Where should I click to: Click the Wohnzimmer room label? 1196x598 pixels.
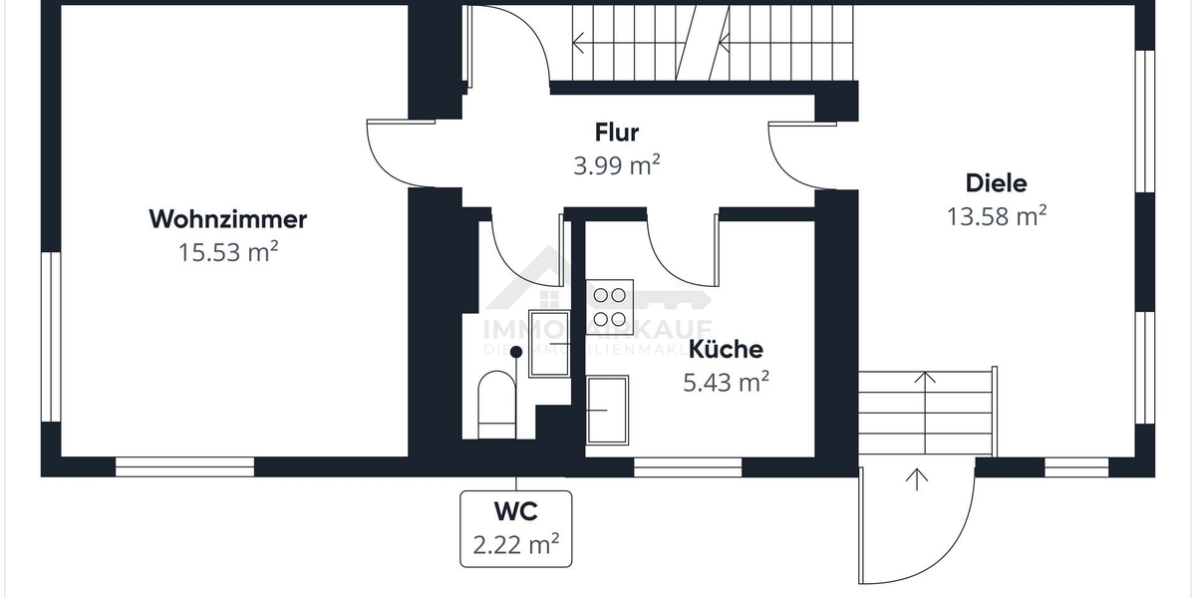click(x=227, y=218)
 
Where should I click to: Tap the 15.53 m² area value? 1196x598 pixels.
click(x=227, y=252)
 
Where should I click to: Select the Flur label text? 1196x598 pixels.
click(x=616, y=132)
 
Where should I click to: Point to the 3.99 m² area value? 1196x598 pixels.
click(x=616, y=165)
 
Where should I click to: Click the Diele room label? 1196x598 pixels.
click(x=996, y=183)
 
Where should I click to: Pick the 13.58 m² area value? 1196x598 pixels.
click(x=996, y=216)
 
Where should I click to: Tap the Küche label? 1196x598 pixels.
click(x=726, y=350)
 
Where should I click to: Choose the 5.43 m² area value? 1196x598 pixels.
click(x=726, y=383)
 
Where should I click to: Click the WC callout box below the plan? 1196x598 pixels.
click(x=515, y=527)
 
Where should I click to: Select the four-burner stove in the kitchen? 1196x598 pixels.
click(x=610, y=306)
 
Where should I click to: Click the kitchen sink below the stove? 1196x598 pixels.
click(x=607, y=408)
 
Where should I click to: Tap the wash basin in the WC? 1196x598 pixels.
click(x=547, y=344)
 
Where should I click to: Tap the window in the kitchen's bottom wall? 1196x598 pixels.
click(x=688, y=466)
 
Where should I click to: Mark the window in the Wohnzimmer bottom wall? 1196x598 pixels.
click(x=184, y=466)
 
